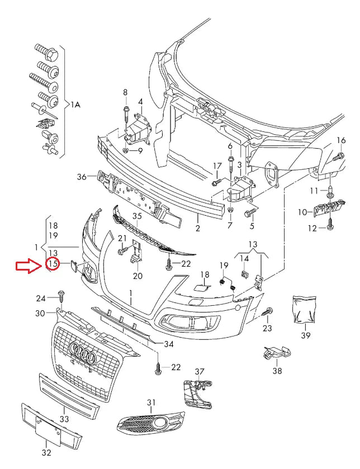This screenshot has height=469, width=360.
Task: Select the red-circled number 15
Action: coord(53,263)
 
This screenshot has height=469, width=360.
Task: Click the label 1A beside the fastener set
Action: coord(76,105)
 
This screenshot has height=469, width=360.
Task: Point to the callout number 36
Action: coord(82,177)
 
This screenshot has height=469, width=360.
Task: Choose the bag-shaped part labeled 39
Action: coord(304,309)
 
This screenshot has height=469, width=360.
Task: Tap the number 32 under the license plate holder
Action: coord(47,452)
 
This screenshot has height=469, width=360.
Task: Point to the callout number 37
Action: coord(200,372)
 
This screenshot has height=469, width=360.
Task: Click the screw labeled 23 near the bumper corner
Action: coord(268,311)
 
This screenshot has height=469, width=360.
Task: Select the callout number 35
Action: coord(137,216)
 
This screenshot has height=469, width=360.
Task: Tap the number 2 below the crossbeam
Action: coord(197,228)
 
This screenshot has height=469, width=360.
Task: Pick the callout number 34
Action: coord(169,343)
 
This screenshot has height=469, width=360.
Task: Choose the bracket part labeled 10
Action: coord(329,210)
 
